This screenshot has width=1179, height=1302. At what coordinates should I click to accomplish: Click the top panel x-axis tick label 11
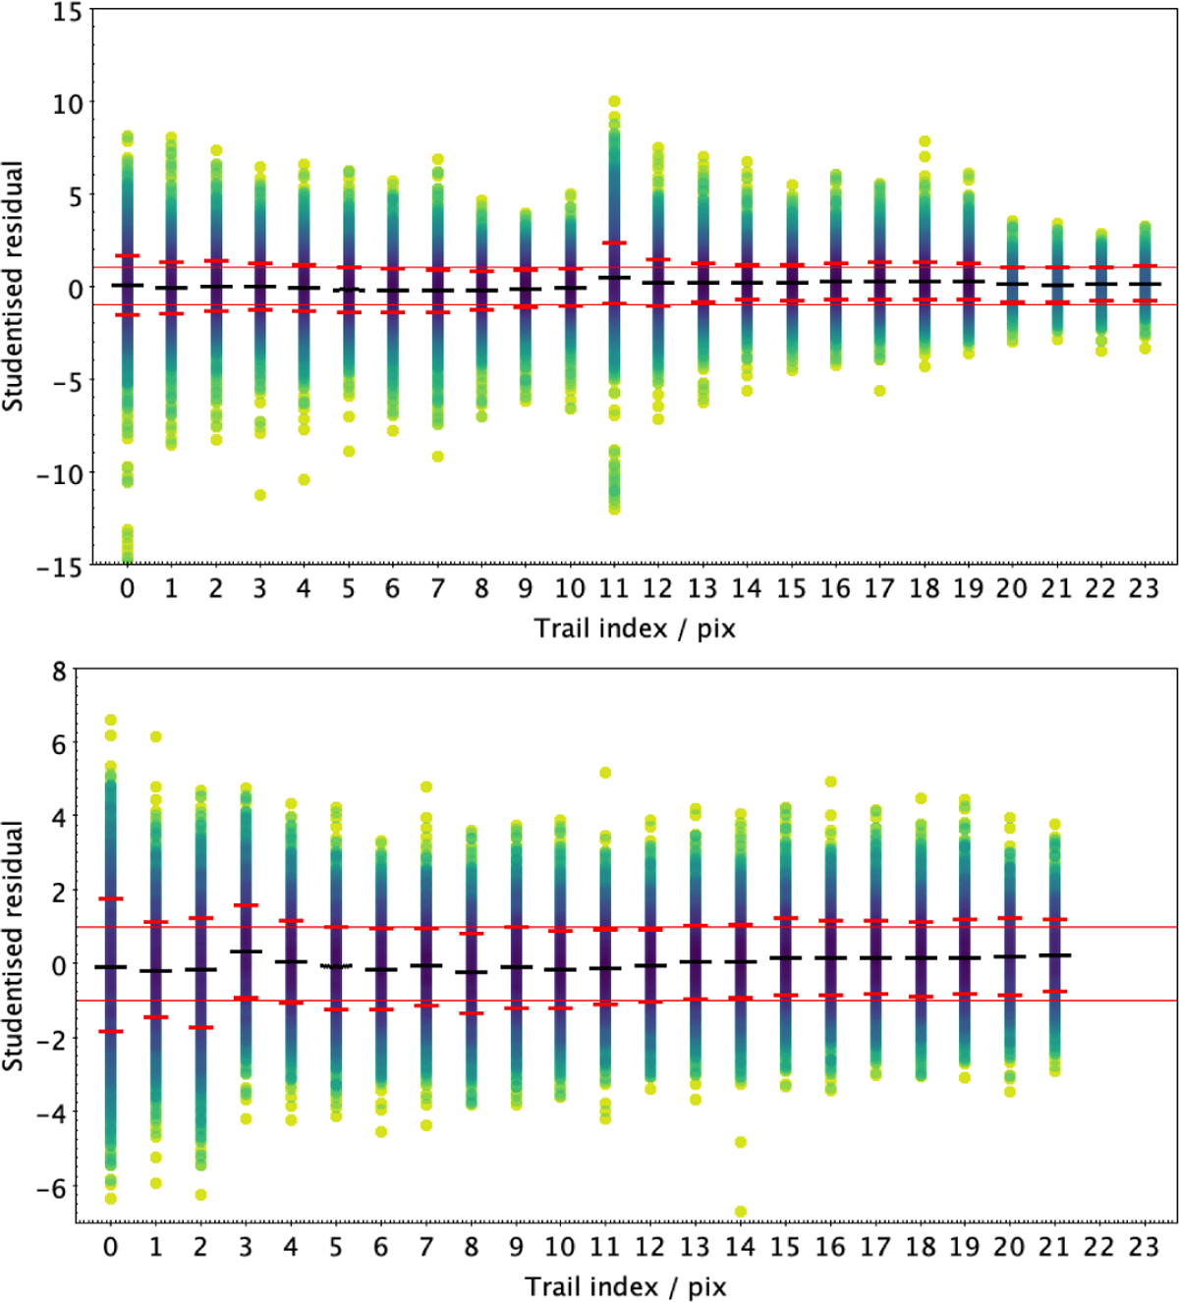[613, 588]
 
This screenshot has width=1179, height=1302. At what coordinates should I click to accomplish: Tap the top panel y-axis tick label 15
[68, 13]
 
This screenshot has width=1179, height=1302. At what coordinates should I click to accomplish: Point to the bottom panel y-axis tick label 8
[60, 672]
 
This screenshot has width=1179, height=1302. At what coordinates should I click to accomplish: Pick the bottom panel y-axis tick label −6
[52, 1187]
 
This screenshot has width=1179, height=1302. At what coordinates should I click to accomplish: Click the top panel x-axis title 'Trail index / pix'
[634, 628]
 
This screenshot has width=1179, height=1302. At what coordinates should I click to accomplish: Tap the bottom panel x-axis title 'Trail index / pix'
[625, 1286]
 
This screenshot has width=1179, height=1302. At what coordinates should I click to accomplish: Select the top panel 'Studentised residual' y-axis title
[13, 287]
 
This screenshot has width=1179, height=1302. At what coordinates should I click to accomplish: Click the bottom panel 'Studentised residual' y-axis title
[13, 946]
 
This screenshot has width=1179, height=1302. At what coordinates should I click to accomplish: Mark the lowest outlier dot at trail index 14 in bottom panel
[740, 1212]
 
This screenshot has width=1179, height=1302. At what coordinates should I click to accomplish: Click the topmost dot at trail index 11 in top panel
[614, 101]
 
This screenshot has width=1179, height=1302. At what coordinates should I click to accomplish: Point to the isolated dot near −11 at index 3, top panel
[260, 495]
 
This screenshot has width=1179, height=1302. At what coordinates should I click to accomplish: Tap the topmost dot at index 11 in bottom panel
[605, 773]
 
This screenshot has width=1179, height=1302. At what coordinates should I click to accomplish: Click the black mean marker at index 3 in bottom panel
[246, 951]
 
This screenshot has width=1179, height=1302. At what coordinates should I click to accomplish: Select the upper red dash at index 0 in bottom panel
[111, 898]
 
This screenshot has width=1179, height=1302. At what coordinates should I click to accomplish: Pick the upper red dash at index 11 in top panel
[614, 243]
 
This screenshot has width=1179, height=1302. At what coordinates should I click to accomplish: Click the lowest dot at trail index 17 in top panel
[879, 391]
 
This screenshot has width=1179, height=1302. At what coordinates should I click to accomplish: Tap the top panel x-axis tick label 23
[1144, 588]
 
